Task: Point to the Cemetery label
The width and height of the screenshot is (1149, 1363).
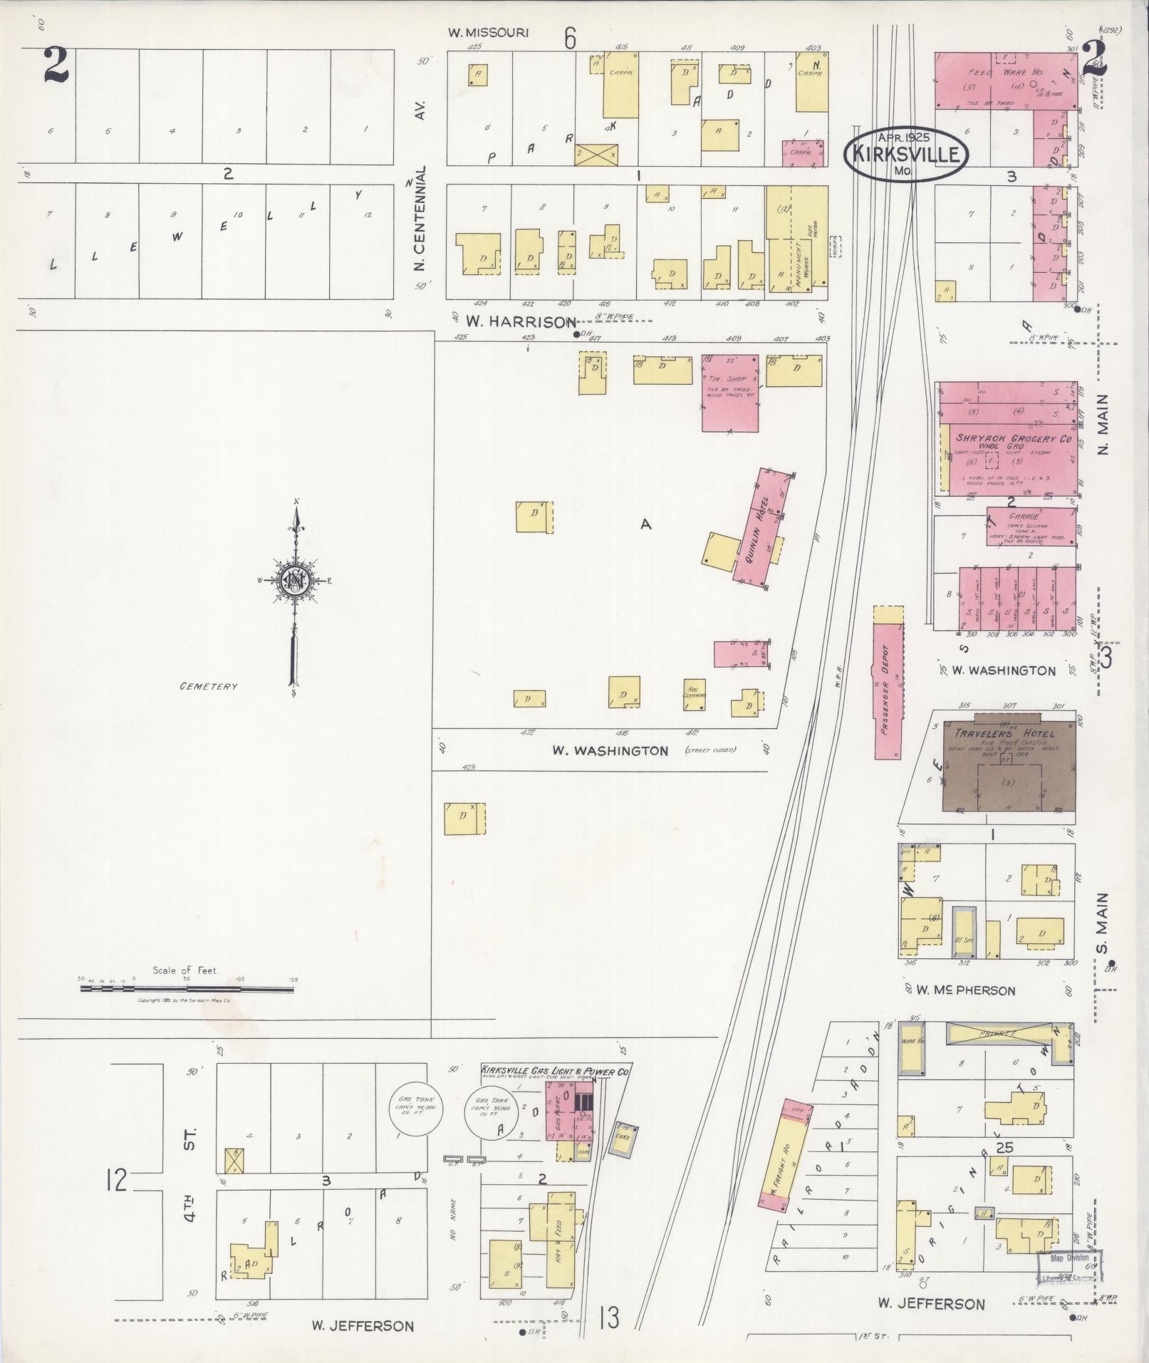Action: point(208,687)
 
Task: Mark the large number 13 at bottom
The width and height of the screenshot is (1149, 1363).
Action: point(609,1317)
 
